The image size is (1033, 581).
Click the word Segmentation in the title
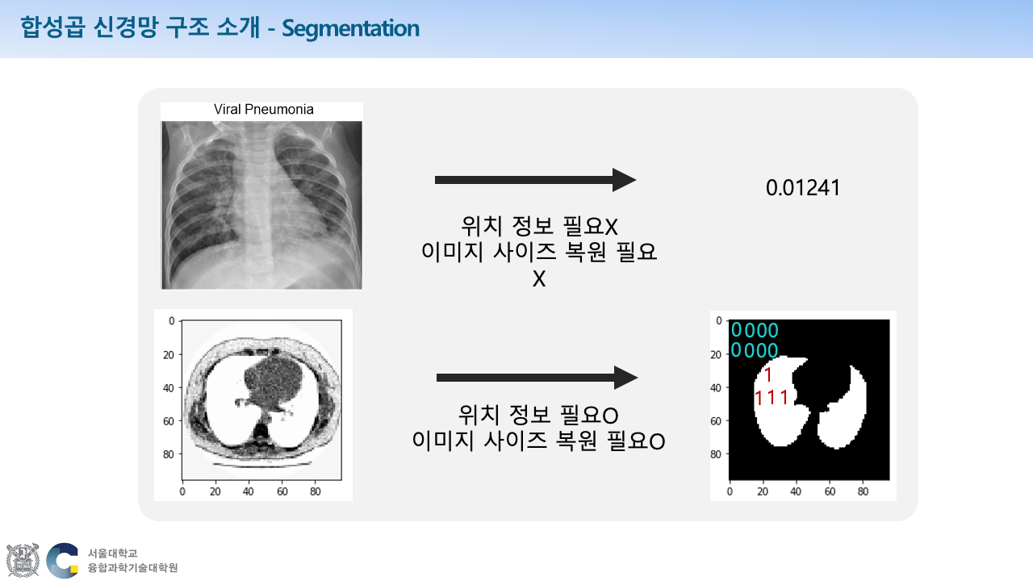(351, 29)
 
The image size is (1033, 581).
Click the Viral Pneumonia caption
(263, 110)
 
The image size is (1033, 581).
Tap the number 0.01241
(803, 188)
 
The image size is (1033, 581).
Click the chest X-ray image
(261, 204)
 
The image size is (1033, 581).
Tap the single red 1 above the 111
(768, 375)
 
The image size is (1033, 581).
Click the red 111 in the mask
(772, 398)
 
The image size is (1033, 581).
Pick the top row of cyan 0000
(755, 330)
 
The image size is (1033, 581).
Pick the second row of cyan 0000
(755, 350)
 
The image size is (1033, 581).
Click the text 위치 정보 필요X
(539, 226)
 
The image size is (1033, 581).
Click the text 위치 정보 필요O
(538, 416)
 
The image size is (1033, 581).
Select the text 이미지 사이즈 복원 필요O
(538, 441)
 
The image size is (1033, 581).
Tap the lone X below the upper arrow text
(539, 279)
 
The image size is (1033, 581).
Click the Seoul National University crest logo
(23, 560)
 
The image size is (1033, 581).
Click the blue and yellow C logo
(63, 560)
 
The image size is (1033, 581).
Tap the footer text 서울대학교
(113, 554)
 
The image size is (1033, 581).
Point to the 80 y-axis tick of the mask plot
(716, 454)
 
